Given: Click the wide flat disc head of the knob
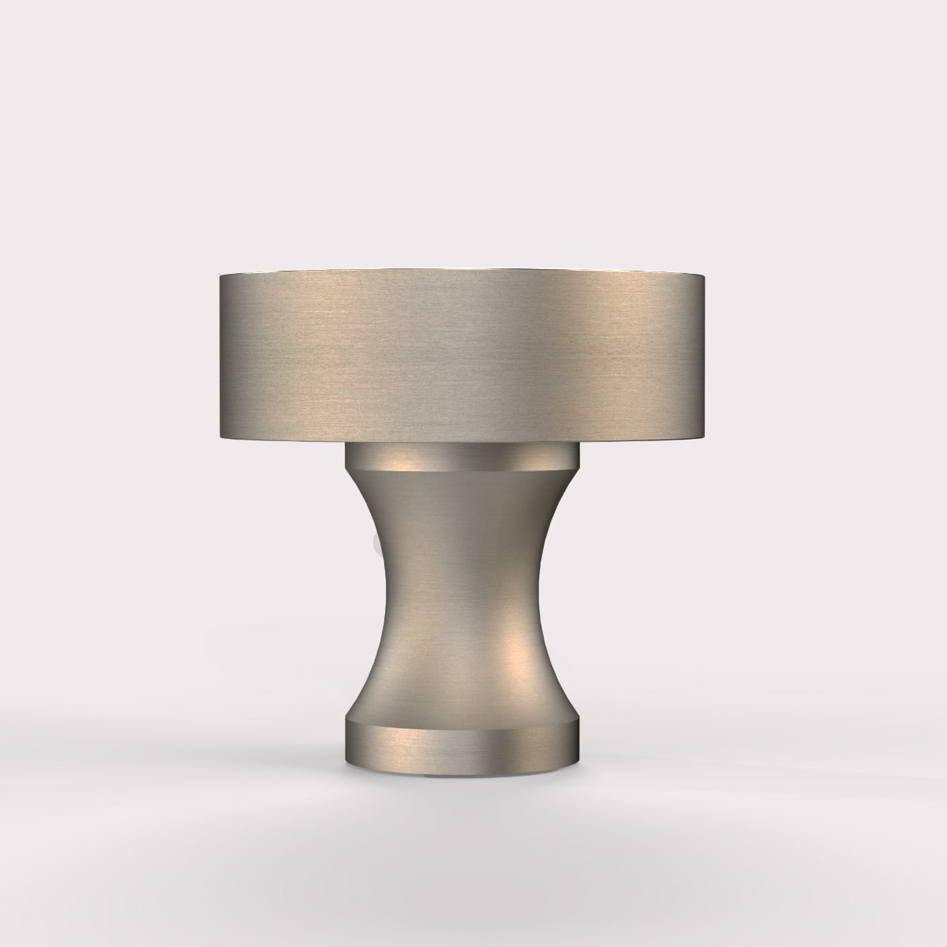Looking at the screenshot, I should tap(464, 355).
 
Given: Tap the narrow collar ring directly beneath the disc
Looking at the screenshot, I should tap(464, 457).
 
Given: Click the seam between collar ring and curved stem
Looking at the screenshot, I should tap(464, 472).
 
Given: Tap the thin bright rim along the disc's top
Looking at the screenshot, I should tap(464, 272).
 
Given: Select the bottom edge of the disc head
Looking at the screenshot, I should tap(464, 440).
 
